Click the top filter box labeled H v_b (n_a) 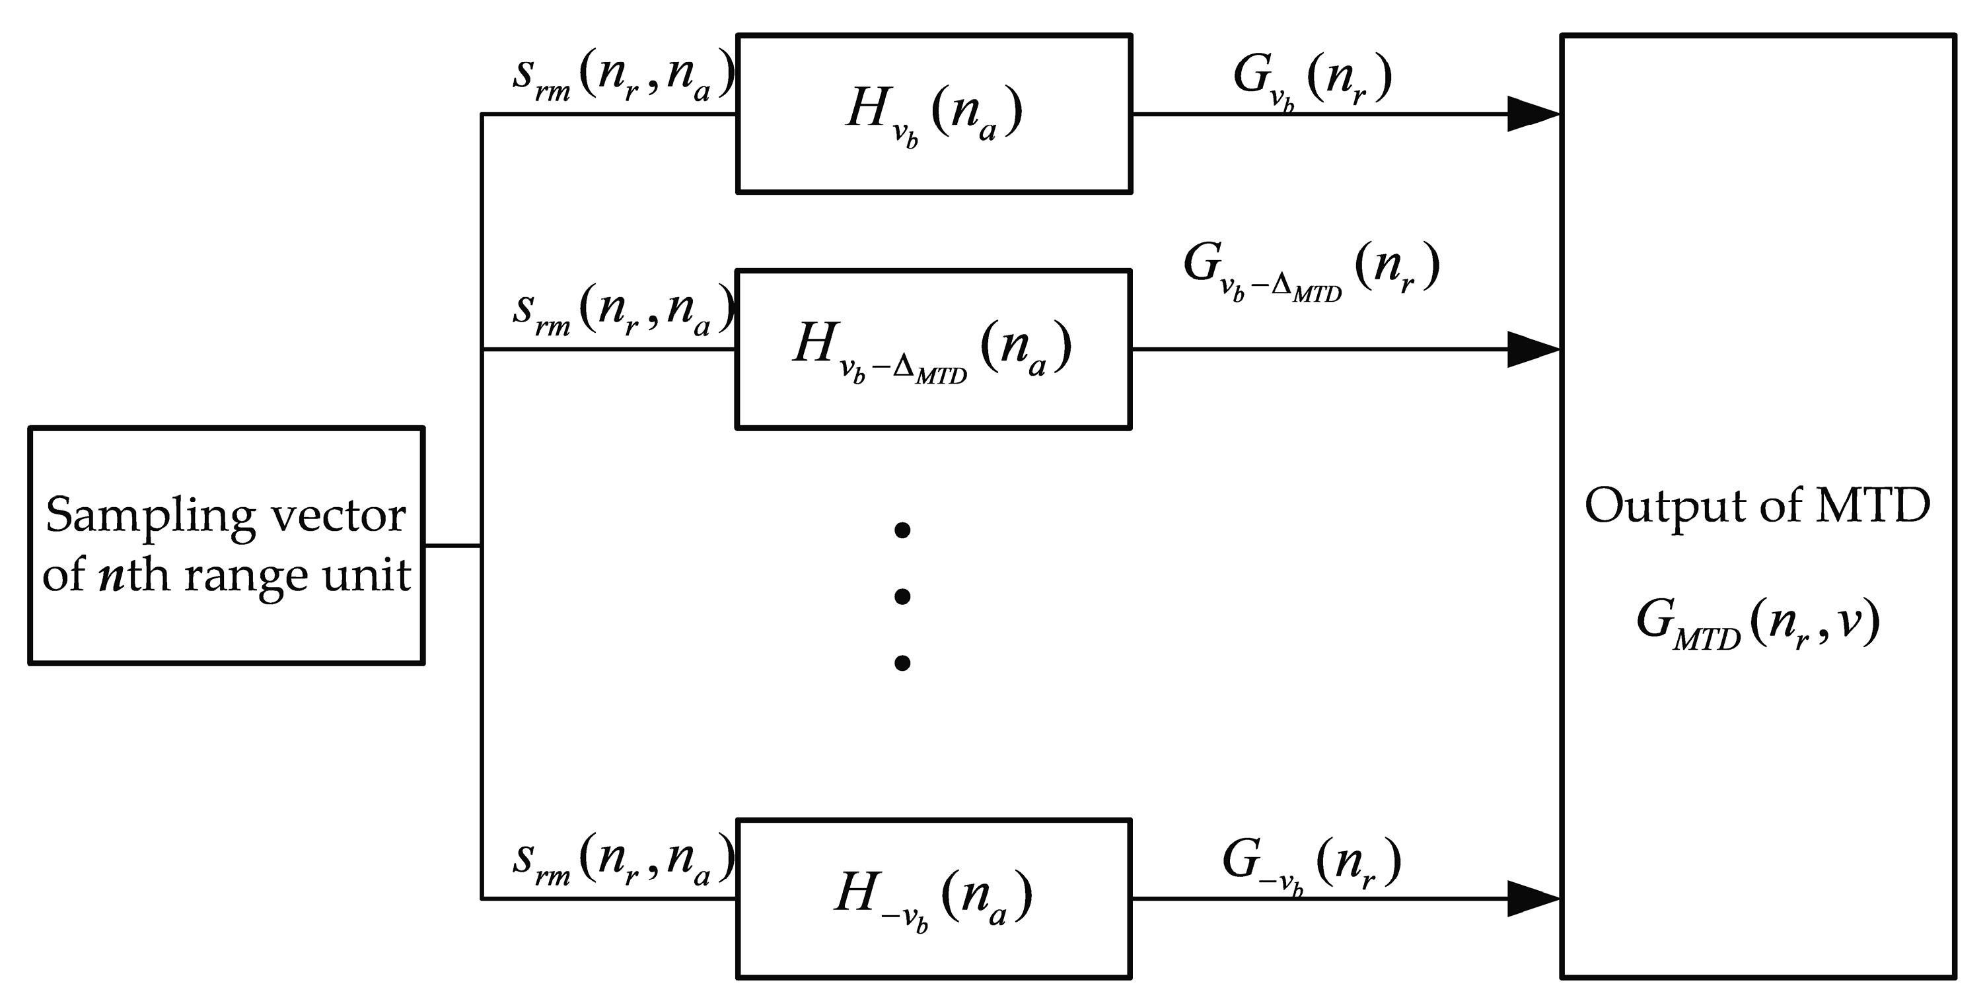coord(933,114)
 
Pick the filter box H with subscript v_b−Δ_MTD coord(933,349)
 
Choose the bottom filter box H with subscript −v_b coord(933,898)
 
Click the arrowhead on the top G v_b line coord(1533,114)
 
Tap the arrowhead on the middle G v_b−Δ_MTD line coord(1533,349)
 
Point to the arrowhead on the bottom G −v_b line coord(1533,898)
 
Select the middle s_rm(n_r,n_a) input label coord(623,312)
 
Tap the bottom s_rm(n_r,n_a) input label coord(623,861)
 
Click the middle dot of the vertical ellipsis coord(902,596)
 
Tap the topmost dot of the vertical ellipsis coord(902,530)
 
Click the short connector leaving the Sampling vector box coord(452,545)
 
